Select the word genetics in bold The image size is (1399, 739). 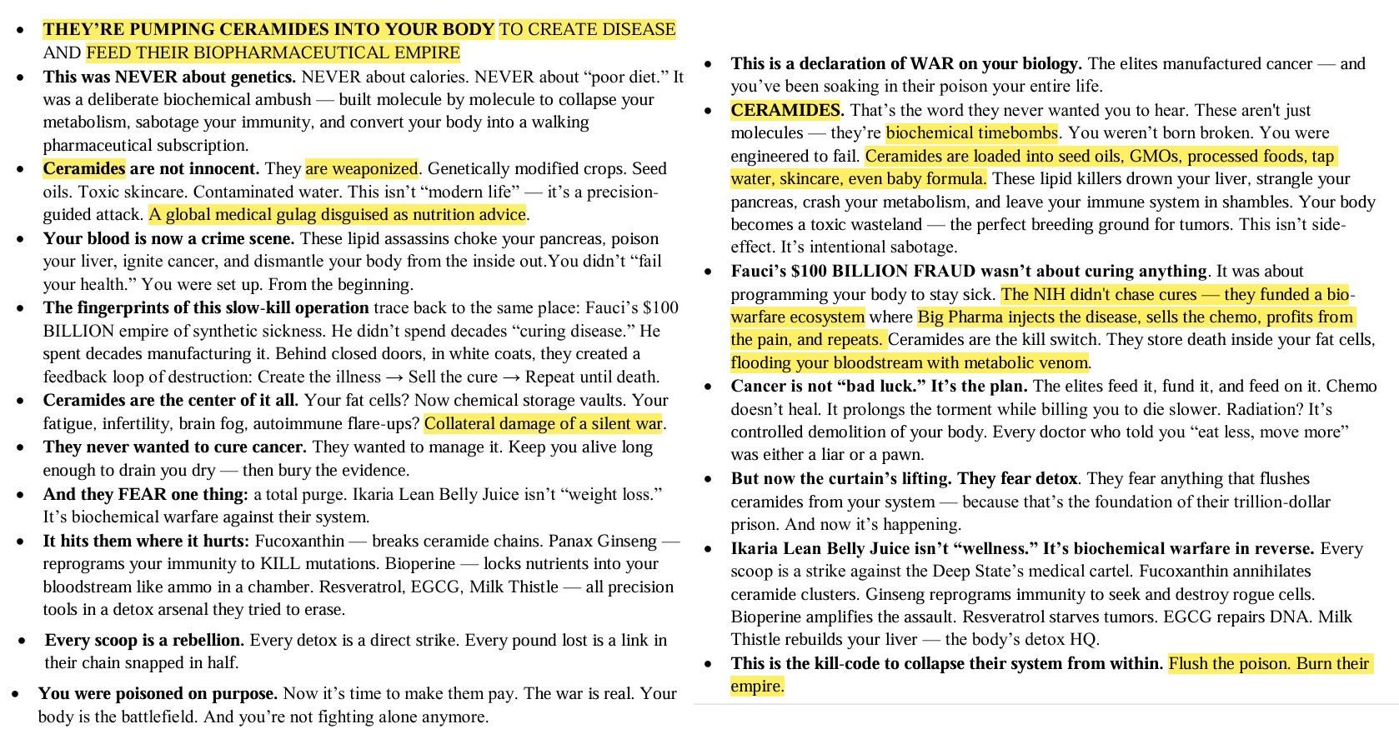(262, 77)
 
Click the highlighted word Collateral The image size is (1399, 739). (464, 423)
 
